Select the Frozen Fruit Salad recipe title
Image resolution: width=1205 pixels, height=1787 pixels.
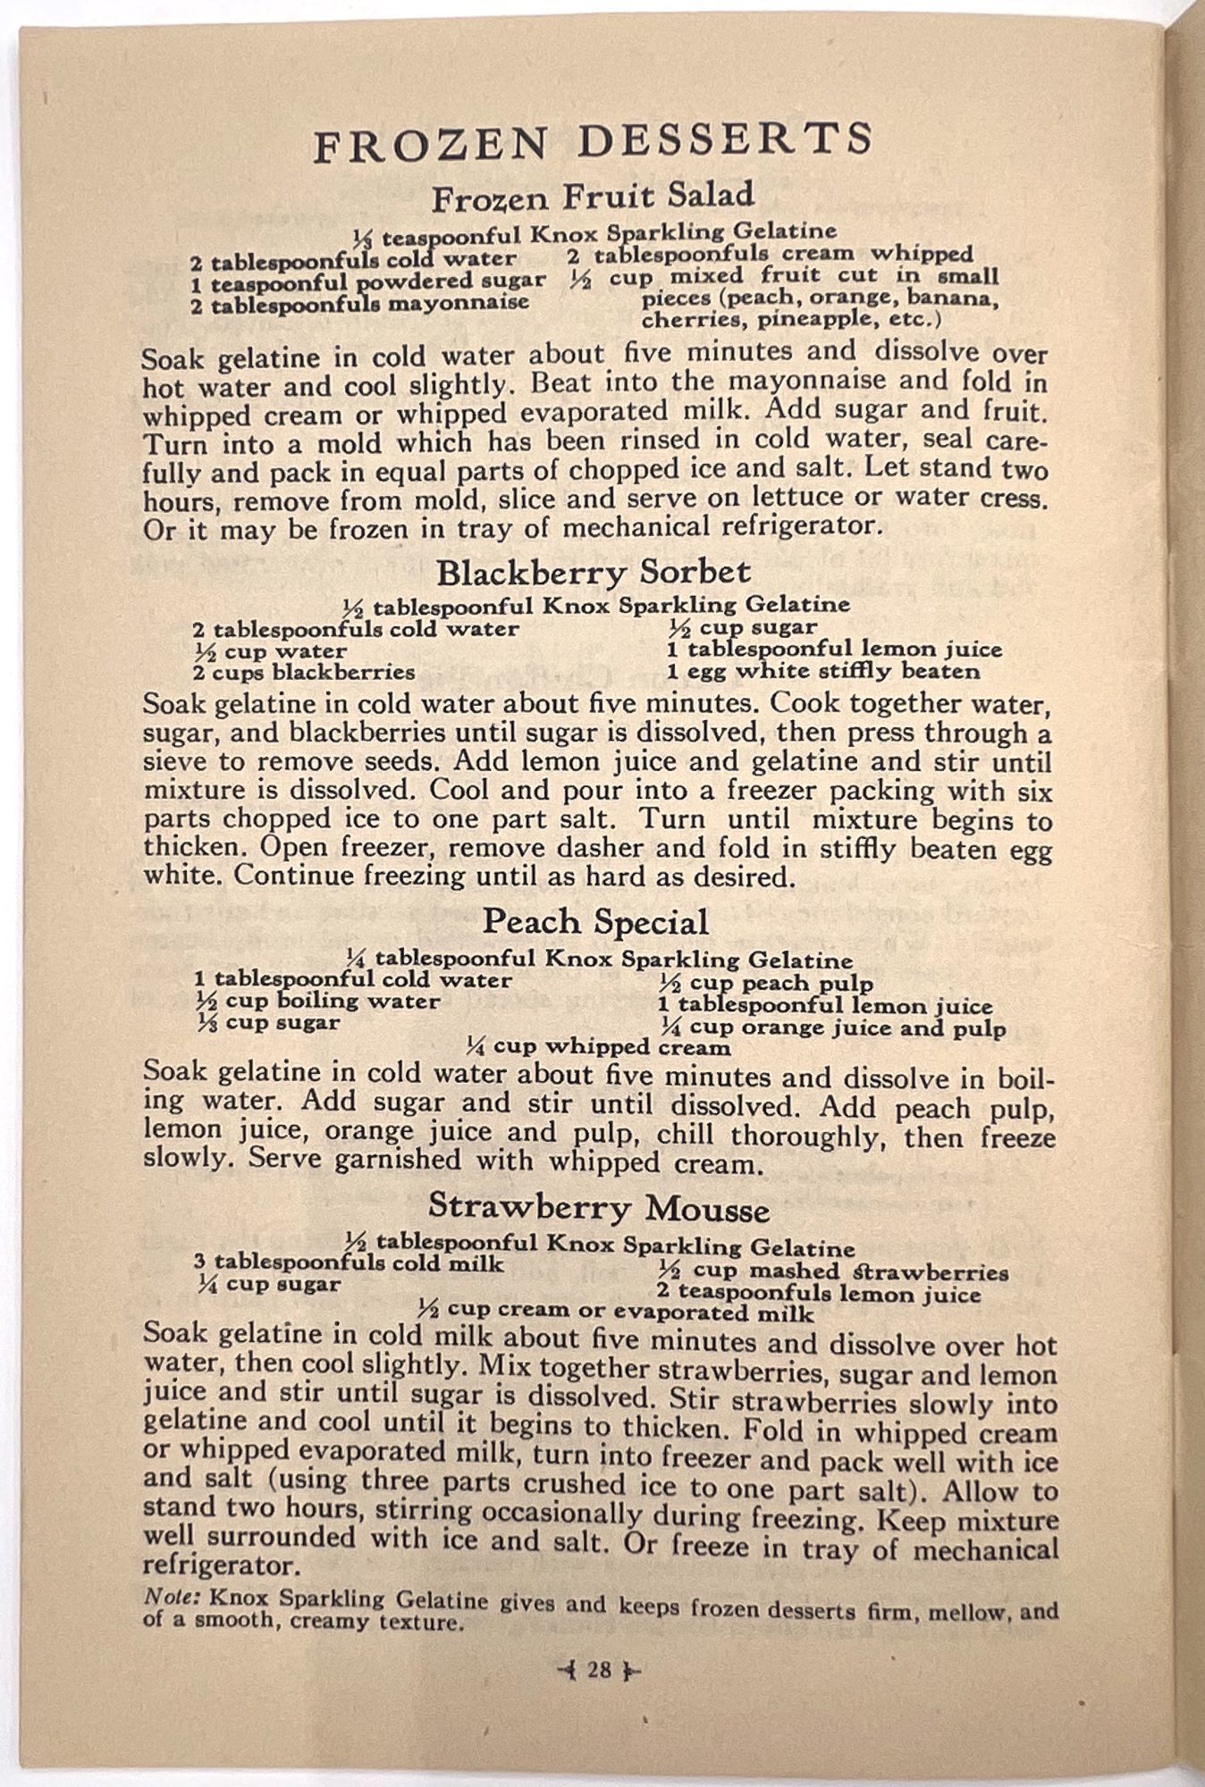pos(593,197)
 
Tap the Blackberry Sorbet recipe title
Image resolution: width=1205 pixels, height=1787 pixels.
pos(594,572)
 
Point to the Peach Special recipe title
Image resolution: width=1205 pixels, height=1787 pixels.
pos(595,922)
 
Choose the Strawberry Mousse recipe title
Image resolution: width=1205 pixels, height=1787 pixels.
pos(598,1207)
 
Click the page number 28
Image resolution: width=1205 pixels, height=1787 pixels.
pos(598,1669)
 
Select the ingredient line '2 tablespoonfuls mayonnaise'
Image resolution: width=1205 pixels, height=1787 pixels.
pos(359,303)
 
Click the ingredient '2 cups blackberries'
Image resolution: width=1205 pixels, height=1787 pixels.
pos(305,672)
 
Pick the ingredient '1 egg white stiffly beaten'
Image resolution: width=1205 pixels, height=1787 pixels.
pos(822,671)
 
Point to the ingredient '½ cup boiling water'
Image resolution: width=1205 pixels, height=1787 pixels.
pos(318,1002)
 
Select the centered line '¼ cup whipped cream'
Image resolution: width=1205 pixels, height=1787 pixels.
pos(598,1046)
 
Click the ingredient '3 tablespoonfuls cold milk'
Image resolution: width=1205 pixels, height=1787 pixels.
pos(349,1263)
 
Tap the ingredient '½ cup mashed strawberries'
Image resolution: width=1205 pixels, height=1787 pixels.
pos(833,1271)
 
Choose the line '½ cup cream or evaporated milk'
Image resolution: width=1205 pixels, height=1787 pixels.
pos(617,1312)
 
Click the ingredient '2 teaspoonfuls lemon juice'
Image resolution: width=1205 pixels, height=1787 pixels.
pos(818,1293)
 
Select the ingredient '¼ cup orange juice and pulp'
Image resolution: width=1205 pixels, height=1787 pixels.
pos(832,1028)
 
